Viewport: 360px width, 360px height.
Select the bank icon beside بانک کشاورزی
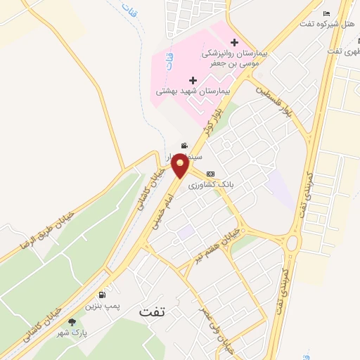[210, 174]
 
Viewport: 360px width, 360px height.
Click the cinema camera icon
[184, 146]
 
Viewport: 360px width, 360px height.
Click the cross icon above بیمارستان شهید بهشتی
[193, 80]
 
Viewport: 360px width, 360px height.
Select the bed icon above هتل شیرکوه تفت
[326, 14]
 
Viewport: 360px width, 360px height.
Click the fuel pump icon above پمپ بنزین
[104, 295]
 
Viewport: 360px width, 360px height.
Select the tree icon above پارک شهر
[72, 323]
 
